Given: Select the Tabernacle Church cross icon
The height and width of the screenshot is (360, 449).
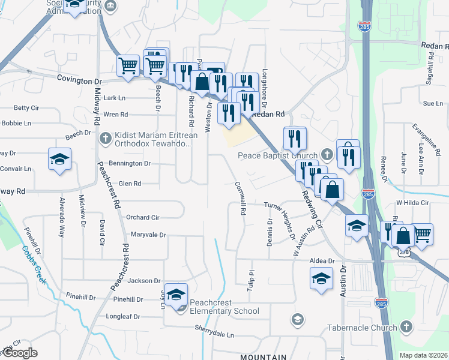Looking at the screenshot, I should [x=406, y=328].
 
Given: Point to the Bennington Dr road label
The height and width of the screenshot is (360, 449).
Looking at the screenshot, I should [x=130, y=163].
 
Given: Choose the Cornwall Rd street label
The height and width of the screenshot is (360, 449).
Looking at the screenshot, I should [x=241, y=199].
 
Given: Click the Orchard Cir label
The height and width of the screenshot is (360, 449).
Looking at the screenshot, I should [x=143, y=217].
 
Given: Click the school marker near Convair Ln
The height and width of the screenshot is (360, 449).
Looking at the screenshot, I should [x=58, y=160].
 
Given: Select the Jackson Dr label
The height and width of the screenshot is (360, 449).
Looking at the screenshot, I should [x=144, y=280].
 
